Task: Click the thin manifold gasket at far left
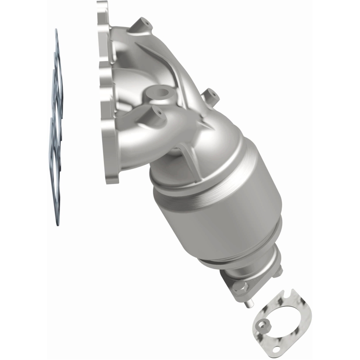point(56,126)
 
